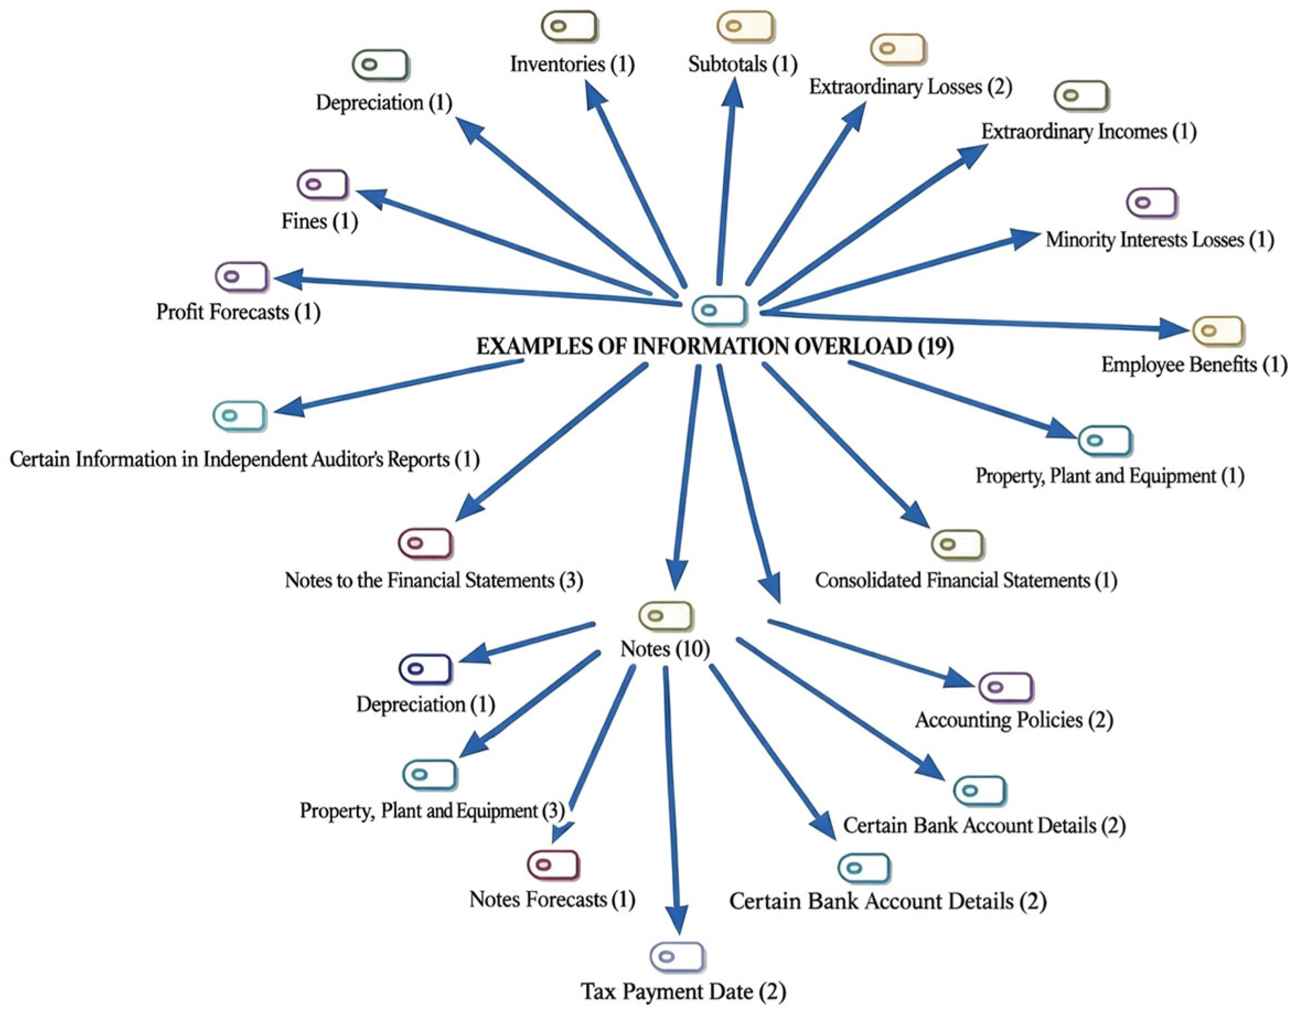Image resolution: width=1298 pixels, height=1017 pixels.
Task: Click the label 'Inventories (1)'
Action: pos(572,65)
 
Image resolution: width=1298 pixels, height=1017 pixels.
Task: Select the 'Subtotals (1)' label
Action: pos(743,65)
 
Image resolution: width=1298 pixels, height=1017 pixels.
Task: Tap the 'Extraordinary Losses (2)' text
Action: pos(910,87)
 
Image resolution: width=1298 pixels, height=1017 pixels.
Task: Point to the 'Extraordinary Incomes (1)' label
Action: pos(1088,132)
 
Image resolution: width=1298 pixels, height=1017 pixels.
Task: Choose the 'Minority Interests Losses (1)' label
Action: pos(1160,240)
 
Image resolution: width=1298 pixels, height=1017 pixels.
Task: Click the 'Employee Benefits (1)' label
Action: pos(1194,365)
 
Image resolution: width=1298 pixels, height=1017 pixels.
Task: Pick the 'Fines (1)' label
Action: pos(320,222)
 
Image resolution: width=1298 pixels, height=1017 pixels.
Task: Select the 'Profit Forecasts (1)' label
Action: pos(238,312)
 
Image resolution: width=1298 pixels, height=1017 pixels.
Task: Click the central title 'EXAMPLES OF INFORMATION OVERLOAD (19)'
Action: pos(715,346)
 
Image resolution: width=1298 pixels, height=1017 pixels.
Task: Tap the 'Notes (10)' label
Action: pos(665,649)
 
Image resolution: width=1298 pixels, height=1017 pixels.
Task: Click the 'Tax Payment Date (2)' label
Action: pos(683,992)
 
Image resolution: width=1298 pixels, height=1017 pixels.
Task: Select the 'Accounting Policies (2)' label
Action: pos(1013,720)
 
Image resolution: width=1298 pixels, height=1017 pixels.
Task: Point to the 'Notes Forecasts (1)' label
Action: pos(552,899)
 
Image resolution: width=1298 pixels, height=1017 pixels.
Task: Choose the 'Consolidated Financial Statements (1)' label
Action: pos(966,581)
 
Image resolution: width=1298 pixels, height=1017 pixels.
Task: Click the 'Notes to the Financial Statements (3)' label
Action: pos(433,581)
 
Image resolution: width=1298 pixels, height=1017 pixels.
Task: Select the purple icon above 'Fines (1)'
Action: pos(323,185)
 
